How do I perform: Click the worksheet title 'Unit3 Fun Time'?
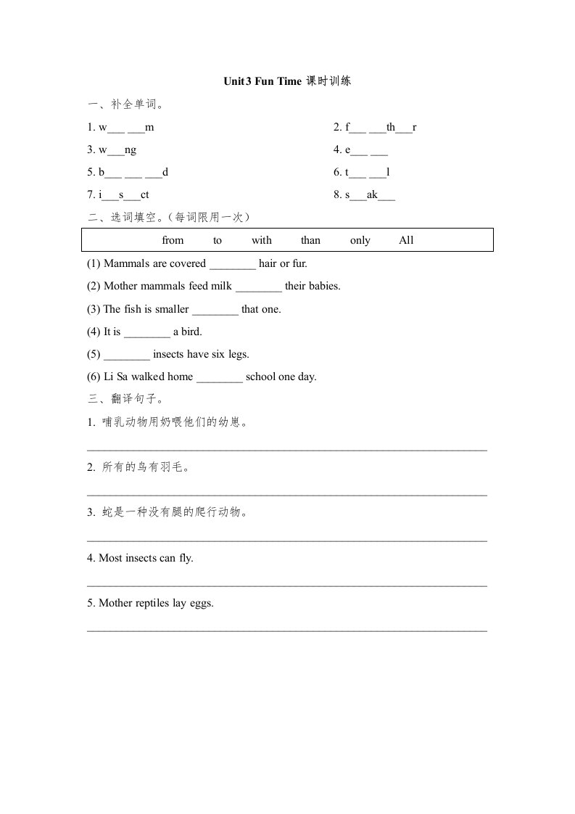pyautogui.click(x=262, y=82)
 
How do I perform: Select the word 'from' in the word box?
pyautogui.click(x=173, y=240)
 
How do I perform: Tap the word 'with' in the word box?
pyautogui.click(x=262, y=240)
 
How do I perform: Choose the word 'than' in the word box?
pyautogui.click(x=310, y=240)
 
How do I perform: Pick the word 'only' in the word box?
pyautogui.click(x=360, y=240)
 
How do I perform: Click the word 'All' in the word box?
pyautogui.click(x=406, y=240)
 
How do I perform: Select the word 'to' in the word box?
pyautogui.click(x=218, y=240)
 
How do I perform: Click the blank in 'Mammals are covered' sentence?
pyautogui.click(x=233, y=265)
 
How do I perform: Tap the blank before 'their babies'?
pyautogui.click(x=259, y=287)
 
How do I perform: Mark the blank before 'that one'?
pyautogui.click(x=215, y=311)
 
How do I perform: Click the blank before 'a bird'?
pyautogui.click(x=147, y=333)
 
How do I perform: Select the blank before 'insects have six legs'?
pyautogui.click(x=127, y=355)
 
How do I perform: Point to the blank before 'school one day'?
pyautogui.click(x=220, y=378)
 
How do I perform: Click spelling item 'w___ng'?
pyautogui.click(x=112, y=150)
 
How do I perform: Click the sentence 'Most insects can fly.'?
pyautogui.click(x=141, y=558)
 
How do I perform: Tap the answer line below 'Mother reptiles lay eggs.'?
pyautogui.click(x=287, y=630)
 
